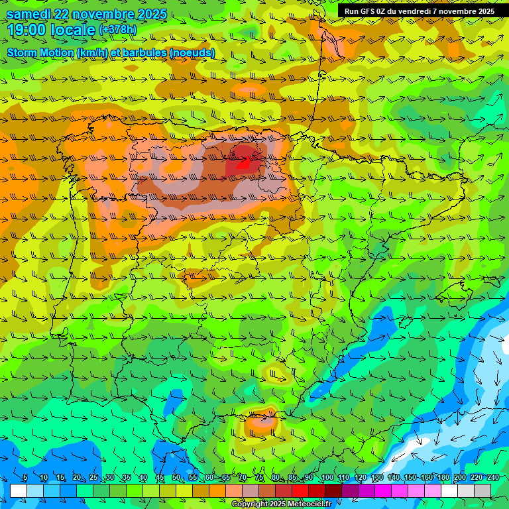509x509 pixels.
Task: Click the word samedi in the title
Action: tap(29, 15)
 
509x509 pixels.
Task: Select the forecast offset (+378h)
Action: tap(117, 30)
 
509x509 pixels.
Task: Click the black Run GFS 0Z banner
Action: tap(419, 11)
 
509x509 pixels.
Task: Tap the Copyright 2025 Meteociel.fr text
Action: tap(280, 504)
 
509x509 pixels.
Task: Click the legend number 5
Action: tap(25, 478)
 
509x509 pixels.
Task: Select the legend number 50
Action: tap(176, 478)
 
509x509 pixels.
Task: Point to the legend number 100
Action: tap(327, 478)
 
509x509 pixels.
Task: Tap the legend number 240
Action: tap(493, 478)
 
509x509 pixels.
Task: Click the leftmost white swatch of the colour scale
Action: tap(19, 490)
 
